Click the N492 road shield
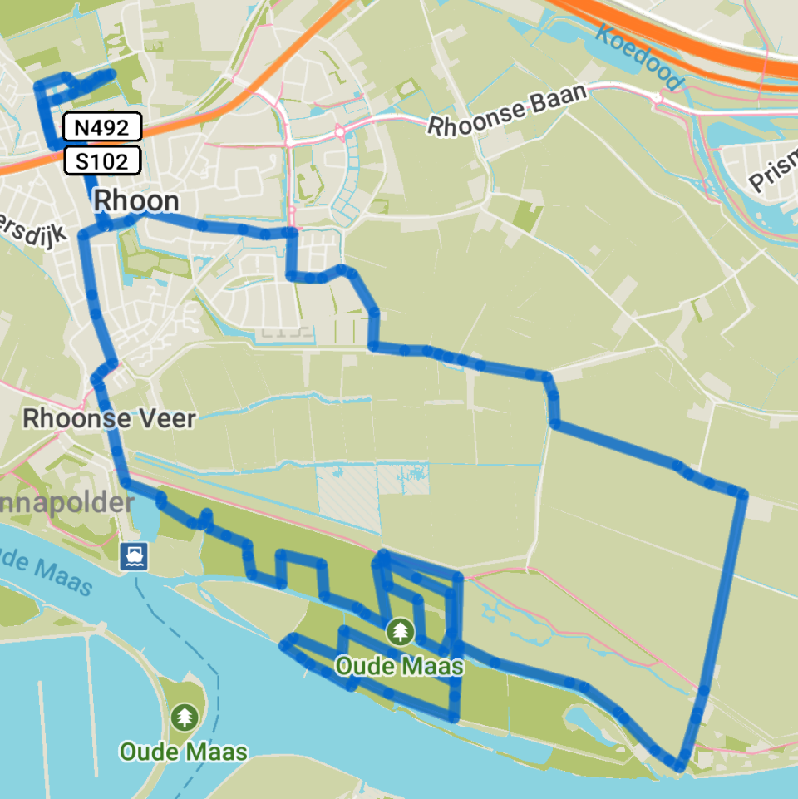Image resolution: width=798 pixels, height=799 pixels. [102, 127]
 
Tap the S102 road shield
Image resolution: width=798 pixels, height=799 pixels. [102, 160]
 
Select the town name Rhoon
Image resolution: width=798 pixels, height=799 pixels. [136, 200]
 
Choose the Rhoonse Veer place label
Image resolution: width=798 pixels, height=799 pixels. [109, 418]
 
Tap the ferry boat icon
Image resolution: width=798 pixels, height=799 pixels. [134, 555]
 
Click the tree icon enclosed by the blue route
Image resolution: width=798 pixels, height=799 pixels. [401, 632]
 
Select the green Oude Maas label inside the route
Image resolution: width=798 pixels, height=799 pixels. [400, 667]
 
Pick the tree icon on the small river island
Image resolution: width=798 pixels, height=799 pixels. [184, 717]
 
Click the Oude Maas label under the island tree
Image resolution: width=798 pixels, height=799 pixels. [184, 752]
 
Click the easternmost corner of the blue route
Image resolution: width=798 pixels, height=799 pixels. [743, 495]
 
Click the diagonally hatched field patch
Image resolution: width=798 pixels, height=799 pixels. [348, 500]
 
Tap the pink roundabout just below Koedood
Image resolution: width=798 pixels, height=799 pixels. [658, 99]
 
